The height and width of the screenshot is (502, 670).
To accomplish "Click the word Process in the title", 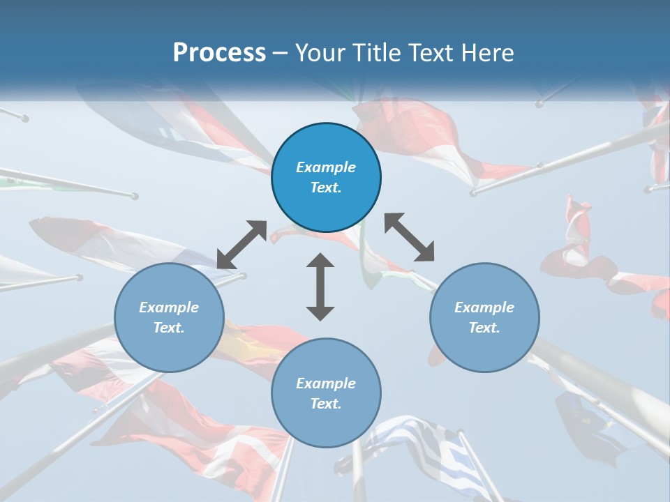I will point(219,53).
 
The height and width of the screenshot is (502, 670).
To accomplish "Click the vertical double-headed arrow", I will point(320,287).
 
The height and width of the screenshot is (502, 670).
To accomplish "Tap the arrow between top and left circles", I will point(241,245).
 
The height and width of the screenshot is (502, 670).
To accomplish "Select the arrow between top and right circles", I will point(410,237).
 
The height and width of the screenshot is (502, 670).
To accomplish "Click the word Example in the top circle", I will point(326,167).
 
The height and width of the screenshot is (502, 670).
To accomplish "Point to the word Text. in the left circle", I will point(169,328).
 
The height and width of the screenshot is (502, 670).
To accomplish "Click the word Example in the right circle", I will point(484,307).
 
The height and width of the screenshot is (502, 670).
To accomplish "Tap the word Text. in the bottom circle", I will point(326,404).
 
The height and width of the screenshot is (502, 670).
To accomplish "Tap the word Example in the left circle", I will point(169,307).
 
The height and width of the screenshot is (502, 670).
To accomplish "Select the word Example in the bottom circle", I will point(326,383).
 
